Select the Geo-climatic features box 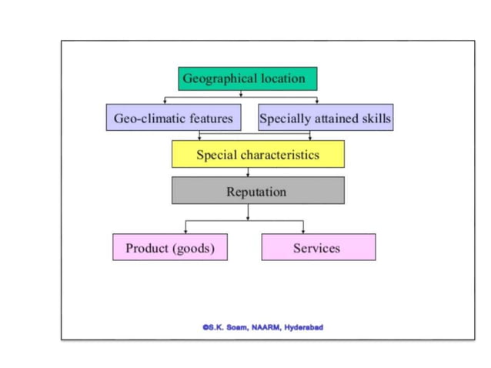pos(173,119)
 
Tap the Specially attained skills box pos(325,119)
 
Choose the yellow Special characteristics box pos(258,155)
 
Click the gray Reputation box pos(258,191)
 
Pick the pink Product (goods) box pos(170,248)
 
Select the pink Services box pos(318,248)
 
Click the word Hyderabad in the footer pos(303,327)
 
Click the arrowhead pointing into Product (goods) pos(185,231)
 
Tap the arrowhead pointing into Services pos(302,231)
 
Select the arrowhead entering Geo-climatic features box pos(165,101)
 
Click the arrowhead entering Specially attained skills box pos(316,101)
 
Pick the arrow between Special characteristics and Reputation pos(247,172)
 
